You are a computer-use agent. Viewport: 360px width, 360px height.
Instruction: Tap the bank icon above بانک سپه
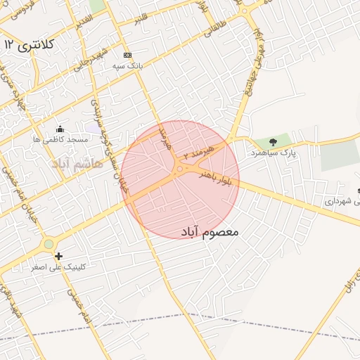click(127, 55)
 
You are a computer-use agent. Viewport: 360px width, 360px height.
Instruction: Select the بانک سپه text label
click(128, 65)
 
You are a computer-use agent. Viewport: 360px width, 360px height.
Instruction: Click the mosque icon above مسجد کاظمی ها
click(60, 129)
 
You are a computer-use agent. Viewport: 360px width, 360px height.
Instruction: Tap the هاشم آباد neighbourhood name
click(77, 163)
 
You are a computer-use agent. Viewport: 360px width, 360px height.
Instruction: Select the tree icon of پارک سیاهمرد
click(273, 142)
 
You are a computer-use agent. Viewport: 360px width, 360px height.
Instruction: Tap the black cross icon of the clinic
click(58, 257)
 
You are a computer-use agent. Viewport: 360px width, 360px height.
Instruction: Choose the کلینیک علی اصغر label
click(58, 268)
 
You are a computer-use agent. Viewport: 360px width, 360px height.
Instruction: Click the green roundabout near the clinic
click(48, 244)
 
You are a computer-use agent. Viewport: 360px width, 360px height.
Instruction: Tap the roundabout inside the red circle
click(180, 169)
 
